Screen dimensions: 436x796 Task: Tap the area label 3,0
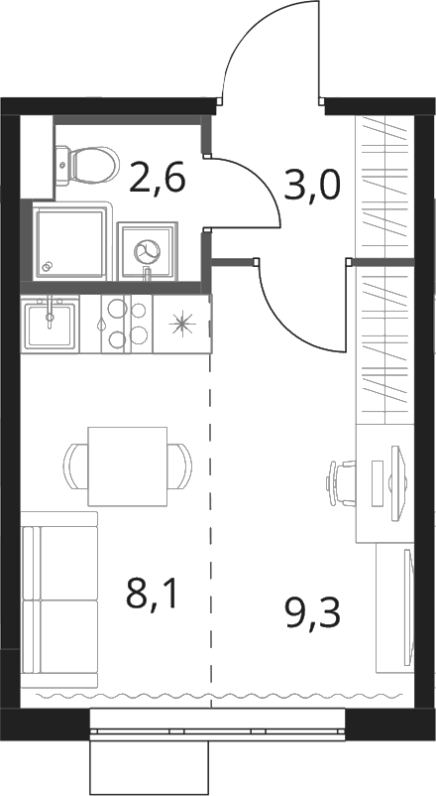(x=311, y=185)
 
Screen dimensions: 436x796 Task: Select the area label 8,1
(x=153, y=594)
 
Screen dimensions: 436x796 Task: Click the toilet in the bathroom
(x=87, y=165)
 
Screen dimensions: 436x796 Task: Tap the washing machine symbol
(x=147, y=251)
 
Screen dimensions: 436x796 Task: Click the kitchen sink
(x=50, y=324)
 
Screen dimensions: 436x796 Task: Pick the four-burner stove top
(x=126, y=324)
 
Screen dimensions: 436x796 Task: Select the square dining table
(x=127, y=466)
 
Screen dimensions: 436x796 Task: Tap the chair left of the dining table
(x=75, y=466)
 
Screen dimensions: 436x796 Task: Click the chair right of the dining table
(x=180, y=466)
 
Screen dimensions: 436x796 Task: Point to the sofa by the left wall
(x=59, y=599)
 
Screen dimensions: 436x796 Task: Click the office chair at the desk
(x=342, y=482)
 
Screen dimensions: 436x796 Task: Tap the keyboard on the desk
(x=377, y=483)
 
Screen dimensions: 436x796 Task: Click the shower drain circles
(x=49, y=266)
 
